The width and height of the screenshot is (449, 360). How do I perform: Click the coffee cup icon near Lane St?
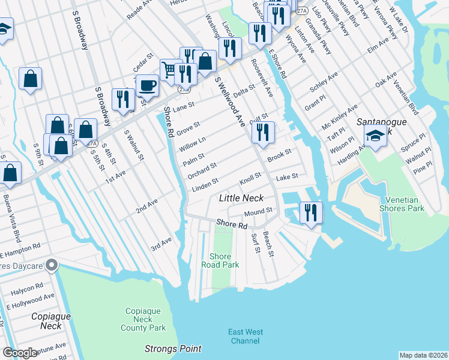(147, 85)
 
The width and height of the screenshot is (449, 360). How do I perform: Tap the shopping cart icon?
(170, 70)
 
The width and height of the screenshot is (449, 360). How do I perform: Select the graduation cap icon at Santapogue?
(375, 136)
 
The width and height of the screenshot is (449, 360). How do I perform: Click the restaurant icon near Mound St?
(310, 212)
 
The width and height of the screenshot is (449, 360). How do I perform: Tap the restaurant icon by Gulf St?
(262, 132)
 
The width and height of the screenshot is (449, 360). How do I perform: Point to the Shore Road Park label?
(220, 260)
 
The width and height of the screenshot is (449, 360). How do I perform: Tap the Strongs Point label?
(173, 349)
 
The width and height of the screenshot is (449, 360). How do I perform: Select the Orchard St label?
(201, 170)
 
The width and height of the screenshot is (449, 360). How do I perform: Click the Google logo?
(20, 353)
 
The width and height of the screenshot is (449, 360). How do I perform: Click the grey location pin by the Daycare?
(53, 264)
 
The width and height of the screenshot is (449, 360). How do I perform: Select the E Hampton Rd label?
(20, 248)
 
